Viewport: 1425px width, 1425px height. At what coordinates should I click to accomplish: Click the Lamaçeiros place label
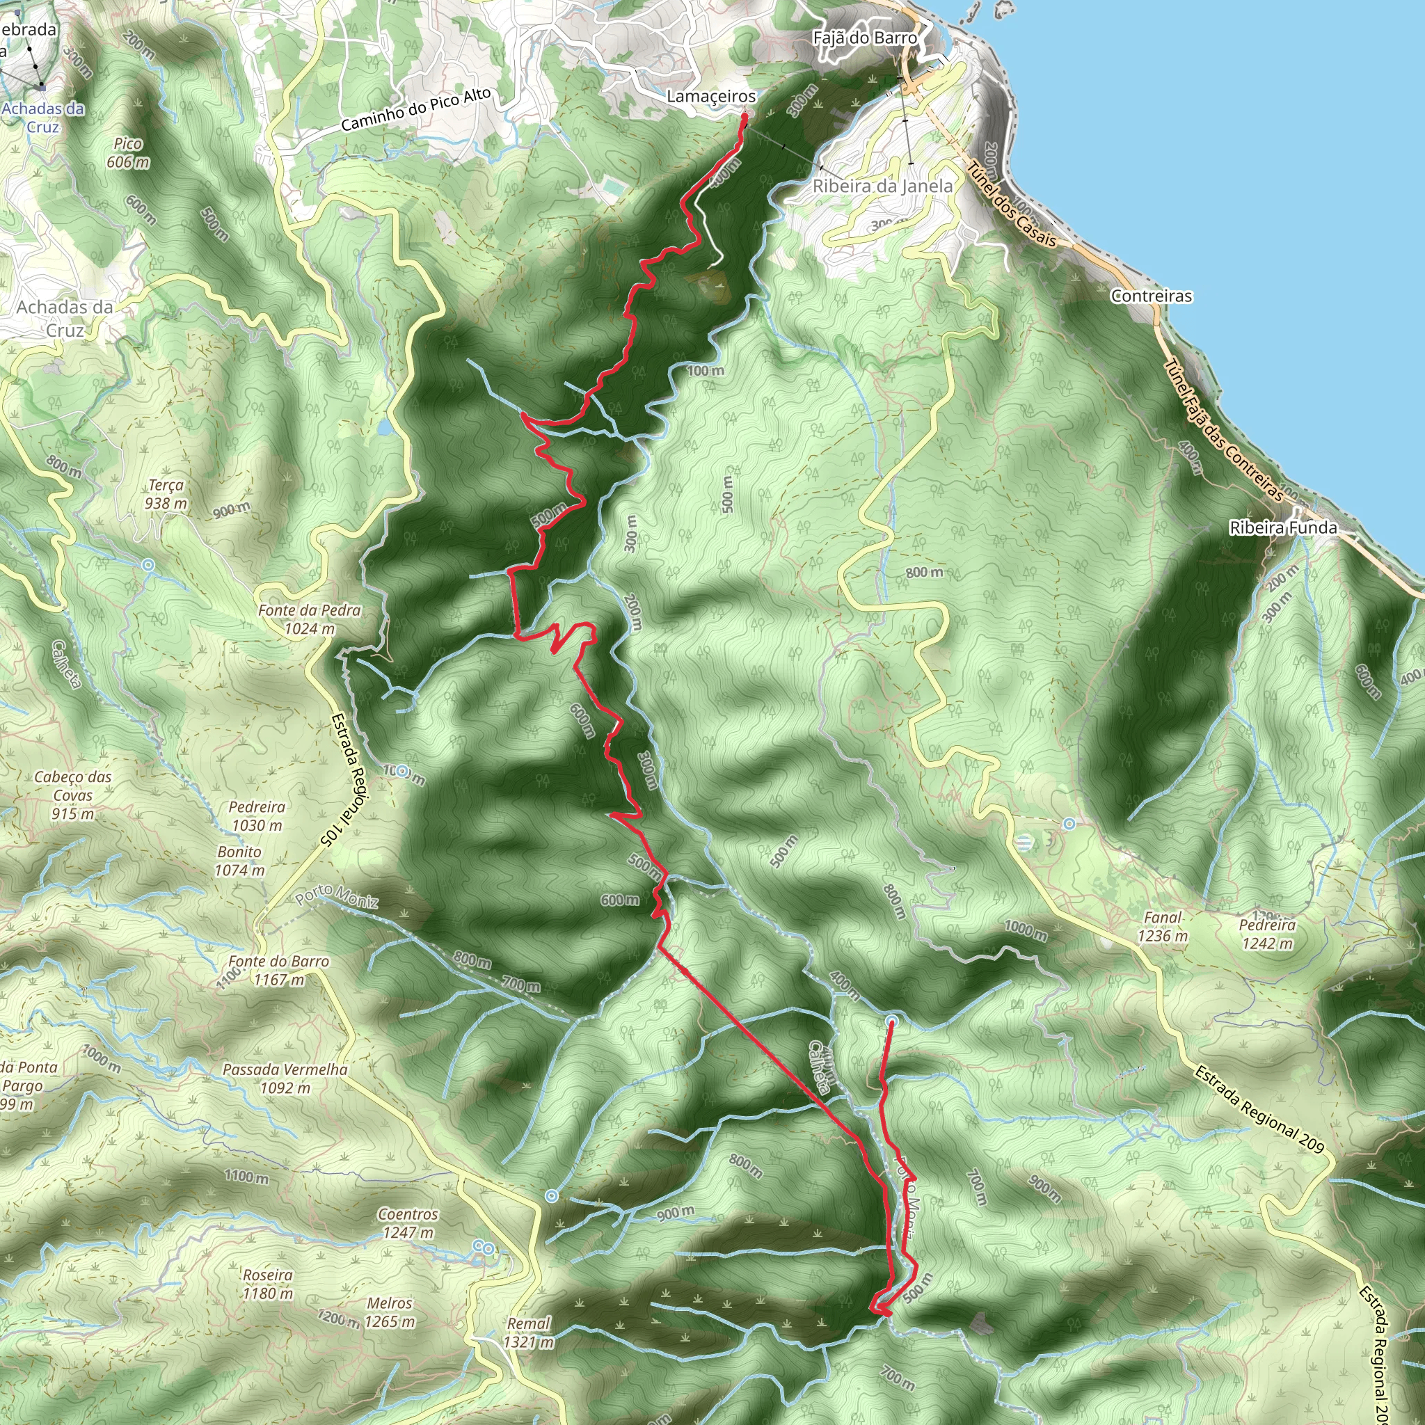[711, 97]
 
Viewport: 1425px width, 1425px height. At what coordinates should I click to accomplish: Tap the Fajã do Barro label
[864, 38]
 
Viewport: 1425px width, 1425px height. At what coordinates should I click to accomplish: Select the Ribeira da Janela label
[882, 186]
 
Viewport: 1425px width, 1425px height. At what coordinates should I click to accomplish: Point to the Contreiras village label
[1151, 296]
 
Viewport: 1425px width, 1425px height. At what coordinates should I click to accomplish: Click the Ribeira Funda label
[1282, 527]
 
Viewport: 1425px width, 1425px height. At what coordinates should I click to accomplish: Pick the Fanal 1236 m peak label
[1163, 926]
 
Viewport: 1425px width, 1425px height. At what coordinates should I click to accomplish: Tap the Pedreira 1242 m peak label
[1267, 934]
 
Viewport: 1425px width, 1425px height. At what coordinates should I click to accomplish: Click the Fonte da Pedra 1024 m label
[309, 619]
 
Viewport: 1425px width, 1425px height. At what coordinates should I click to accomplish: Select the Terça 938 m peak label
[166, 494]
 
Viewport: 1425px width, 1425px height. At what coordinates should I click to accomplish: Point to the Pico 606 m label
[127, 152]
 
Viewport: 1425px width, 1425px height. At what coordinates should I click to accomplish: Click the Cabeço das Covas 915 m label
[73, 795]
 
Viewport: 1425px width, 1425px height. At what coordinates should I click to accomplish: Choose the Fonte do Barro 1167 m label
[278, 970]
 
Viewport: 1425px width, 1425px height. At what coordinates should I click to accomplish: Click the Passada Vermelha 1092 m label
[285, 1078]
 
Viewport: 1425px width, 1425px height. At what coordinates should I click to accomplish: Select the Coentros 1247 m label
[408, 1223]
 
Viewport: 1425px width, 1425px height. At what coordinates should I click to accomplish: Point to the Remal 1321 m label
[528, 1332]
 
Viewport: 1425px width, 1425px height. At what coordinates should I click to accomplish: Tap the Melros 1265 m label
[390, 1312]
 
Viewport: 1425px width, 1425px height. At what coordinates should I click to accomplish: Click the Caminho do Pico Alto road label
[415, 111]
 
